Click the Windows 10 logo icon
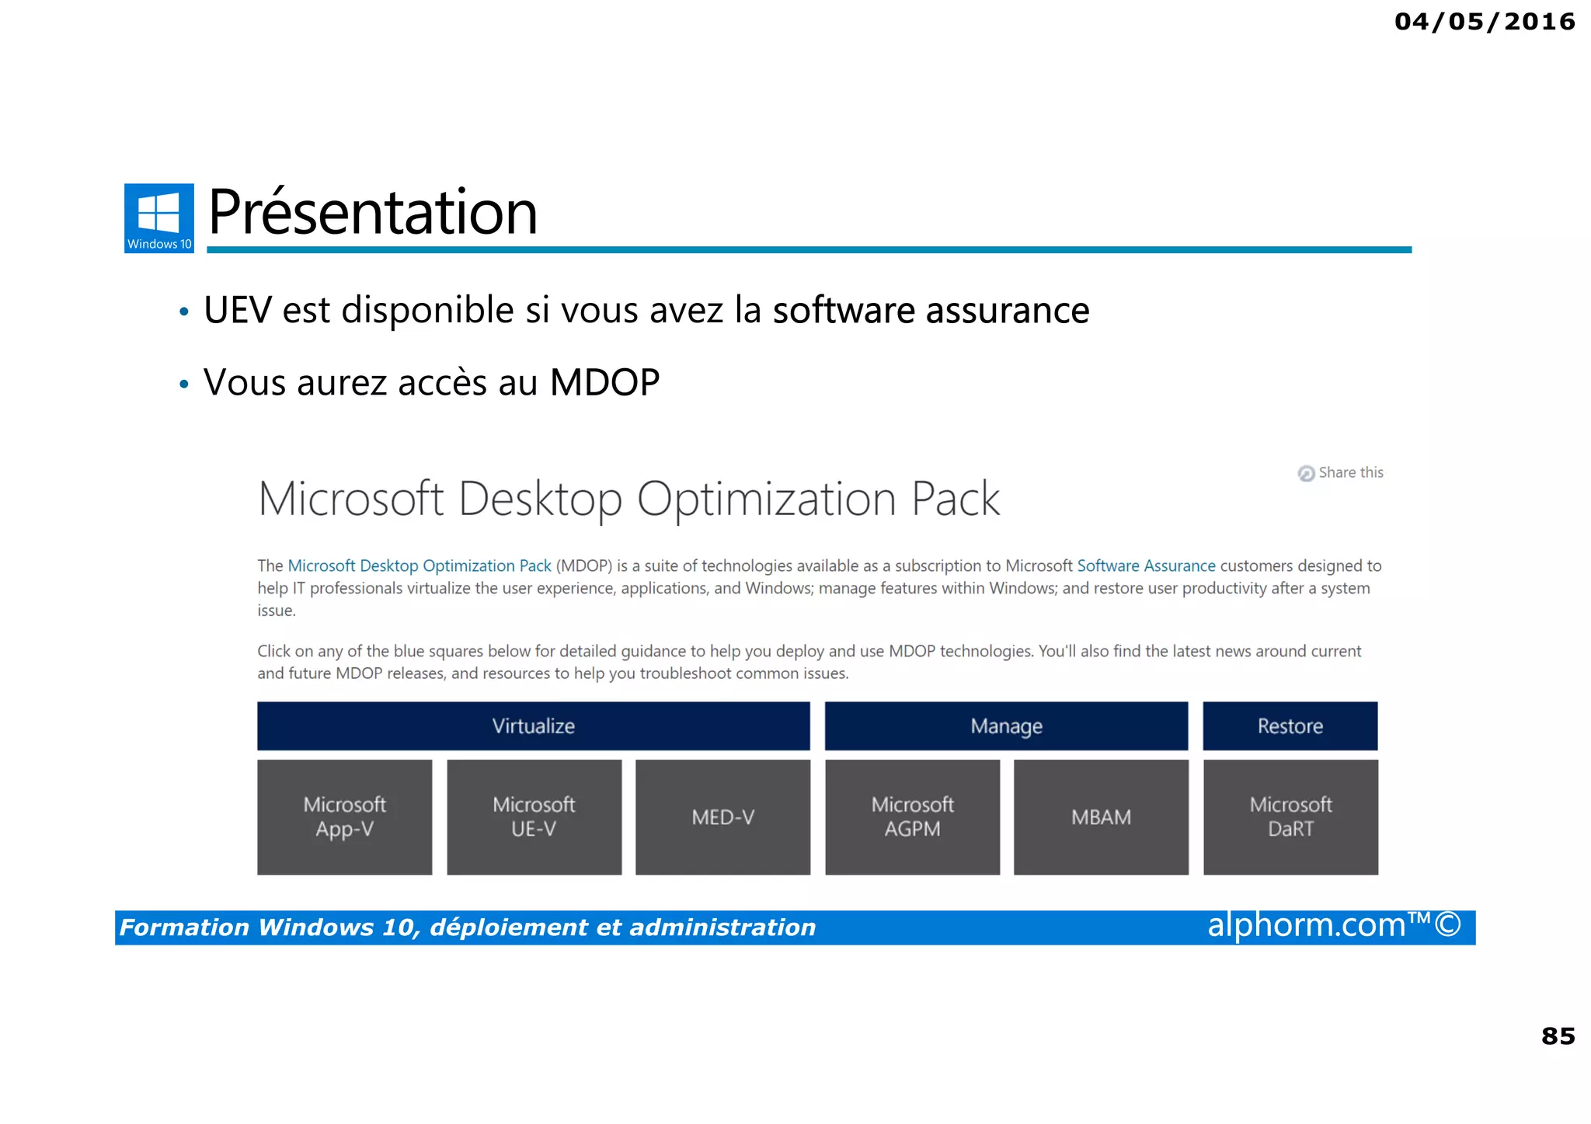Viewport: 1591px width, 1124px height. pyautogui.click(x=158, y=217)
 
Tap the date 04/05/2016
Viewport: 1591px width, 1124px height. pyautogui.click(x=1484, y=22)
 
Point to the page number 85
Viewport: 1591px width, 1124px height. pyautogui.click(x=1558, y=1035)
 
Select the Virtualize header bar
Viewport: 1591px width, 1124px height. pyautogui.click(x=533, y=726)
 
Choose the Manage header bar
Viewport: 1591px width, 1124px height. pyautogui.click(x=1006, y=726)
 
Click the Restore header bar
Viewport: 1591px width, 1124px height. pyautogui.click(x=1290, y=726)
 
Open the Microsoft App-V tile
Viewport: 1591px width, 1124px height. pyautogui.click(x=344, y=817)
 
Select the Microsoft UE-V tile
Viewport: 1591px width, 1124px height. pyautogui.click(x=534, y=817)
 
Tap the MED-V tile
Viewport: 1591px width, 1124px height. pyautogui.click(x=722, y=817)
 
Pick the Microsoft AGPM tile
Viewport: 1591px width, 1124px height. pyautogui.click(x=912, y=817)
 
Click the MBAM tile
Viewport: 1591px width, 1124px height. pyautogui.click(x=1101, y=817)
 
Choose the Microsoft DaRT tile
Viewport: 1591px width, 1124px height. pyautogui.click(x=1290, y=817)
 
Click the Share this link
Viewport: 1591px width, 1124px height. pyautogui.click(x=1342, y=472)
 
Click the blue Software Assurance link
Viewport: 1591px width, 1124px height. pyautogui.click(x=1146, y=565)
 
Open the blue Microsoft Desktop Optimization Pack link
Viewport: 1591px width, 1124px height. pyautogui.click(x=420, y=565)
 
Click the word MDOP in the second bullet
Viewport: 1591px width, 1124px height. pyautogui.click(x=604, y=382)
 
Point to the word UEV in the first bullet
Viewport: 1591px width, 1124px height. pyautogui.click(x=238, y=310)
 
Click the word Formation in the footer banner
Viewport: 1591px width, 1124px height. pyautogui.click(x=184, y=927)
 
